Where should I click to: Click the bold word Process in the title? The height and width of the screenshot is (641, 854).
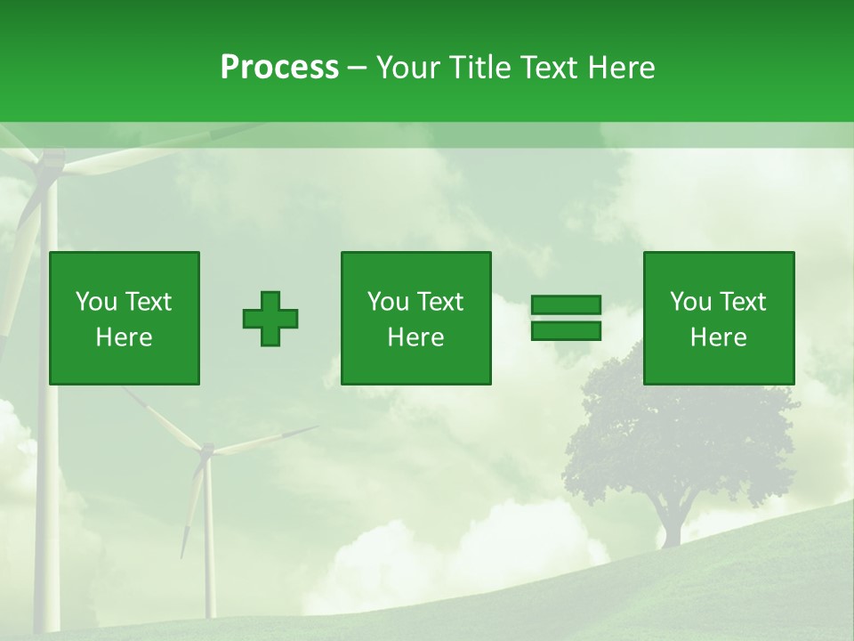coord(279,68)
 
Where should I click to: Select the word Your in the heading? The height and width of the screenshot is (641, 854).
coord(410,68)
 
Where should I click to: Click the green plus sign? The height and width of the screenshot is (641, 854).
coord(270,319)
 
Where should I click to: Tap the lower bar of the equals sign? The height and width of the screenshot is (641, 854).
coord(566,331)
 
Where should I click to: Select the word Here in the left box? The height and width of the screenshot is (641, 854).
coord(125,337)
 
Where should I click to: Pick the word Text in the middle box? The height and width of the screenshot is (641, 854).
coord(439,302)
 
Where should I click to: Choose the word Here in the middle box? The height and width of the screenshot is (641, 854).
coord(416,337)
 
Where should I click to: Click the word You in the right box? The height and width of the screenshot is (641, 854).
coord(690,302)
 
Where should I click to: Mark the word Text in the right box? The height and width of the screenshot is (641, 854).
coord(741,302)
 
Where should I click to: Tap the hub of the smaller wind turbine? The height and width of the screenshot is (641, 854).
coord(206,452)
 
